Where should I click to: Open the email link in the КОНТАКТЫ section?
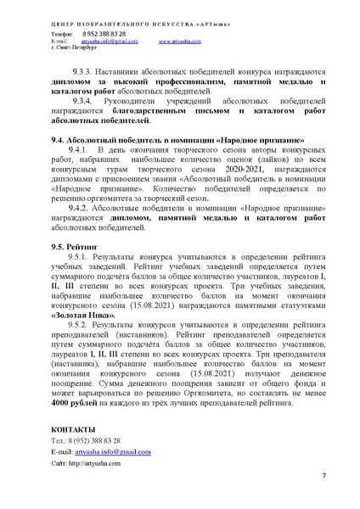[x=115, y=452]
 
